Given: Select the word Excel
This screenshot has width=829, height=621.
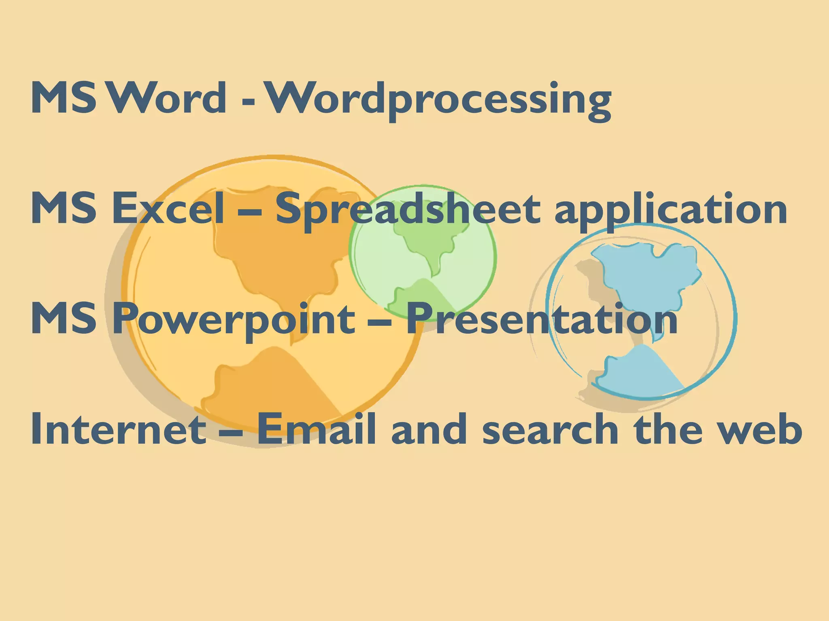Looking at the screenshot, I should click(167, 208).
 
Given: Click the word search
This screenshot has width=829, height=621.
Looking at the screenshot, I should click(550, 429).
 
